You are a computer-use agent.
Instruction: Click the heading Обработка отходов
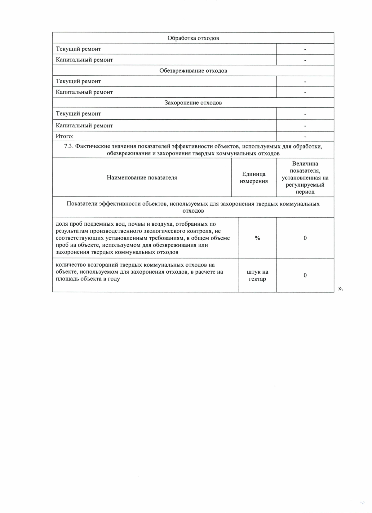(x=193, y=38)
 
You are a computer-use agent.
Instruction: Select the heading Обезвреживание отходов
(x=193, y=71)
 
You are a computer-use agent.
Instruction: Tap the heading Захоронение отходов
(x=193, y=103)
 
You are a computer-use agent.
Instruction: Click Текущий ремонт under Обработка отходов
(x=78, y=49)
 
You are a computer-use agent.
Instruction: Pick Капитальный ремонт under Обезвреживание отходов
(x=84, y=92)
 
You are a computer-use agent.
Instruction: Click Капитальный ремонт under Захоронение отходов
(x=84, y=126)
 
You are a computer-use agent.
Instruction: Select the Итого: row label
(x=64, y=136)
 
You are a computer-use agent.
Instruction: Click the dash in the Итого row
(x=305, y=137)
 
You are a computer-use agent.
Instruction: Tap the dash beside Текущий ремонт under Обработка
(x=305, y=50)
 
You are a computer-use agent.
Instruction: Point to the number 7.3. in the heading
(x=69, y=146)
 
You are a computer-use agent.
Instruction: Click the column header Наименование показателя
(x=142, y=178)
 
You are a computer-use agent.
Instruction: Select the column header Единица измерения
(x=254, y=178)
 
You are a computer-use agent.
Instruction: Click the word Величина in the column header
(x=305, y=164)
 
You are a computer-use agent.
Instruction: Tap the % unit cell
(x=257, y=238)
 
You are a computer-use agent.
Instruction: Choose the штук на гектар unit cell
(x=257, y=275)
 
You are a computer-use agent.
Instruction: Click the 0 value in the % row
(x=305, y=238)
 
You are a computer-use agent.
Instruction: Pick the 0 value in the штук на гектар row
(x=305, y=275)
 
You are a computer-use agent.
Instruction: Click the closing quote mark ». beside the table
(x=340, y=289)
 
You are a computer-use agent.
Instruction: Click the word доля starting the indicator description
(x=62, y=224)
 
